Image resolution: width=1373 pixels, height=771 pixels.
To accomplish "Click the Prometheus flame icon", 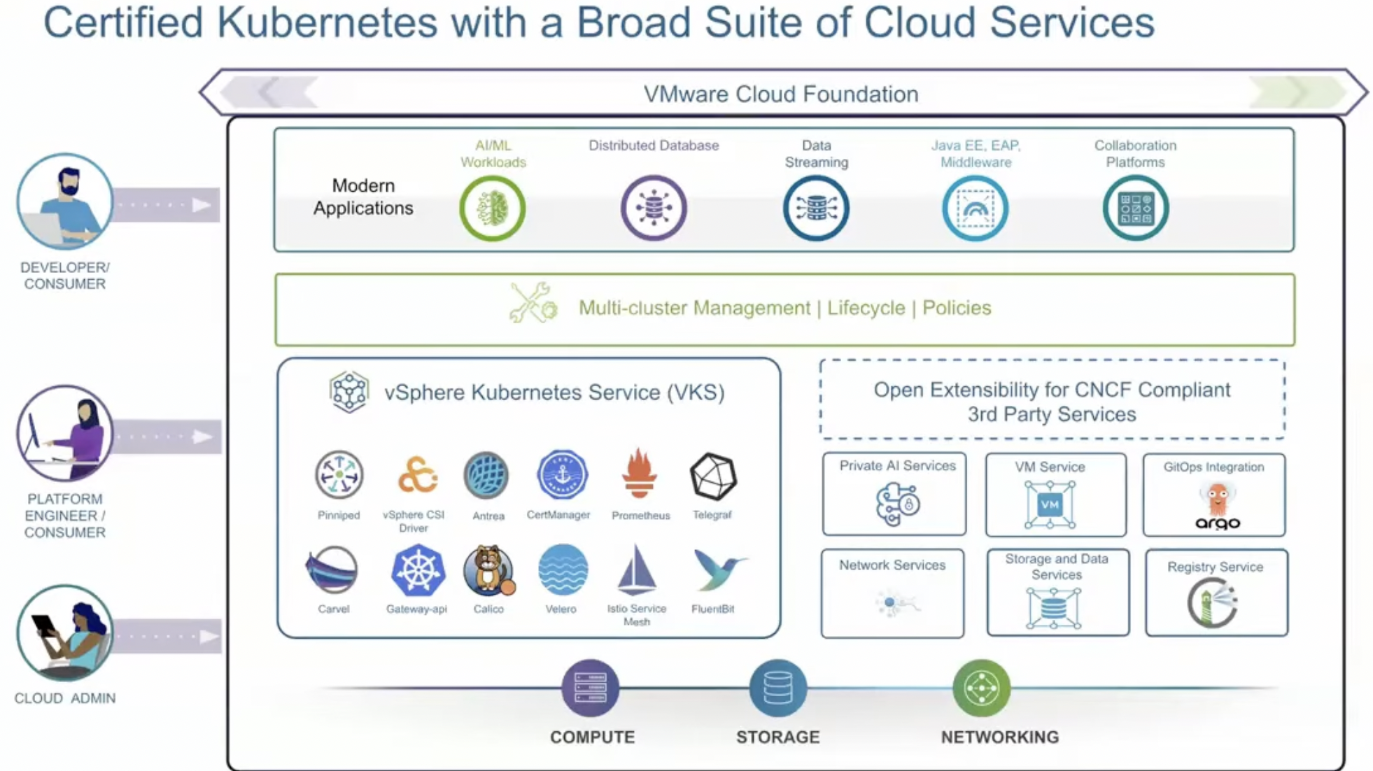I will point(639,474).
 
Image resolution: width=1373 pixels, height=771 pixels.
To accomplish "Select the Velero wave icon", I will point(563,570).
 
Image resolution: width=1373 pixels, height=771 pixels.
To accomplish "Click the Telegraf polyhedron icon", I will point(713,476).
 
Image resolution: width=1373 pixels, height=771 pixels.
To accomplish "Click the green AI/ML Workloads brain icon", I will point(493,208).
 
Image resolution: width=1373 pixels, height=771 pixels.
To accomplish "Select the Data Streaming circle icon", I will point(816,208).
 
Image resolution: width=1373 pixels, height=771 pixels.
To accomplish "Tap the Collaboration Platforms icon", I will point(1135,208).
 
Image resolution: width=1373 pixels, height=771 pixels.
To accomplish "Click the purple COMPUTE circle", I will point(590,688).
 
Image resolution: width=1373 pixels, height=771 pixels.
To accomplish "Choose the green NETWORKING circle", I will point(981,688).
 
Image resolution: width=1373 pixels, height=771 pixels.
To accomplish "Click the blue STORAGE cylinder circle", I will point(777,688).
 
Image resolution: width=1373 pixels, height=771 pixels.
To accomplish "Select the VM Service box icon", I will point(1050,504).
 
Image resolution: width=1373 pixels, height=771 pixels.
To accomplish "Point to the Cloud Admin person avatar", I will point(64,632).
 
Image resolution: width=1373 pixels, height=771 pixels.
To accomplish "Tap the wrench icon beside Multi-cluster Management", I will point(533,304).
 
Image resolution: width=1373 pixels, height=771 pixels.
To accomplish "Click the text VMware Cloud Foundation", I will point(781,94).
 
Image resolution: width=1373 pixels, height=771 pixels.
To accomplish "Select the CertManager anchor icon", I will point(562,475).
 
